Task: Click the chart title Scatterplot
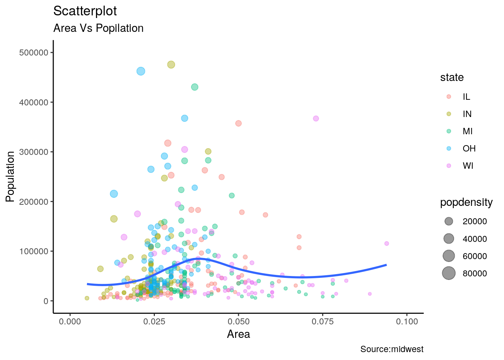click(85, 11)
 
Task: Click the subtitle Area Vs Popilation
click(98, 28)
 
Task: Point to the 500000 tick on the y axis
click(34, 53)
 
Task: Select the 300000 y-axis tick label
click(34, 152)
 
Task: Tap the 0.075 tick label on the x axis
click(322, 322)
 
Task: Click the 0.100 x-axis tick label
click(407, 322)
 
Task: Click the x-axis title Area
click(238, 334)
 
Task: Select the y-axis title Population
click(10, 176)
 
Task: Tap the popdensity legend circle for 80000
click(449, 273)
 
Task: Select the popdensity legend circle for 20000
click(449, 221)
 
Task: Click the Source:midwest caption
click(391, 349)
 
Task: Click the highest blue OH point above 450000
click(141, 71)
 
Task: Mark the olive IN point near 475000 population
click(171, 64)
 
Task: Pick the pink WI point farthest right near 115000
click(387, 243)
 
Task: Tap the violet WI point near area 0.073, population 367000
click(316, 118)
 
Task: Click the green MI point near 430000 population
click(195, 87)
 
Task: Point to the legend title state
click(452, 78)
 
